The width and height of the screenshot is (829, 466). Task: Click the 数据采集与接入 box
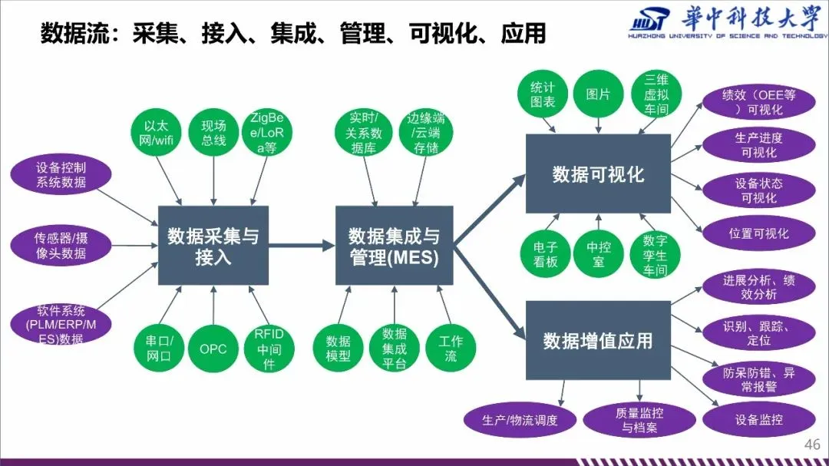(x=213, y=246)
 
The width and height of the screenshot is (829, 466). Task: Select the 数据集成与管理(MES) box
(x=394, y=246)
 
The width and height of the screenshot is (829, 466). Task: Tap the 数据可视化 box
(x=598, y=174)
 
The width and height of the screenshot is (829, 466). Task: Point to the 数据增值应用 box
(x=598, y=340)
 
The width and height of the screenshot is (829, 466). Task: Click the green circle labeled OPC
(x=213, y=349)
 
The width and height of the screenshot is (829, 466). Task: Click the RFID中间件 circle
(x=269, y=349)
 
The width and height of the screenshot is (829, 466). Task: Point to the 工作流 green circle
(x=451, y=349)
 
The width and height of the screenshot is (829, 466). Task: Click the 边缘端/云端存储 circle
(x=426, y=132)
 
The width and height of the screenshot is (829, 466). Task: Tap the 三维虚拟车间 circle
(x=656, y=94)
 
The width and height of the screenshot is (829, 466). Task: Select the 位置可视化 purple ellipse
(x=758, y=233)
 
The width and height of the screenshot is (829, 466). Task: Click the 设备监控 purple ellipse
(x=758, y=420)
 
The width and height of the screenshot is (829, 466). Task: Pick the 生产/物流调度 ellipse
(x=520, y=420)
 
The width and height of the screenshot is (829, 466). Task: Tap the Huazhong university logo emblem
(x=649, y=22)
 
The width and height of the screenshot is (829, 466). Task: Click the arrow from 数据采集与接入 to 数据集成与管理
(x=302, y=246)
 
